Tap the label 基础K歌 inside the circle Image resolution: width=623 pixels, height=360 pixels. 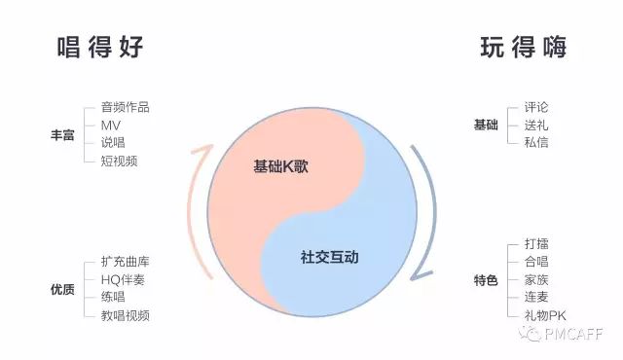pos(281,165)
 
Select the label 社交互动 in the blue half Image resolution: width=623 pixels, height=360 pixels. pos(330,258)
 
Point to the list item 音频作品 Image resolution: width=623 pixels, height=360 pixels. pos(125,108)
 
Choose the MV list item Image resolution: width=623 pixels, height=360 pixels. pos(110,126)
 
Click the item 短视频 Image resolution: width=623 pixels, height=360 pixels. pos(119,161)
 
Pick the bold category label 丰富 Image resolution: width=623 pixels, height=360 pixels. pos(62,134)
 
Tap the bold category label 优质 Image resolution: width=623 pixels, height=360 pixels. pos(62,289)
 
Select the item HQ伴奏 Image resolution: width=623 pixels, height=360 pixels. pos(125,280)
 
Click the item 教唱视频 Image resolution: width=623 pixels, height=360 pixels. pos(125,315)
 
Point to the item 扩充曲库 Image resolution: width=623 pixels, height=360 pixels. pos(125,263)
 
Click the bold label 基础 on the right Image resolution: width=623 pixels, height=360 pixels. pos(485,126)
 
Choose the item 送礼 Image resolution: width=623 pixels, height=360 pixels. pos(536,126)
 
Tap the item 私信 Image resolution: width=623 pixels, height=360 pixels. pos(536,143)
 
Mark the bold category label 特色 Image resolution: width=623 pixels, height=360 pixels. pos(485,281)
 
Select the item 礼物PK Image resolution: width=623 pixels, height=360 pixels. pos(544,315)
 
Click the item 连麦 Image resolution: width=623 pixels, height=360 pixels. pos(536,298)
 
